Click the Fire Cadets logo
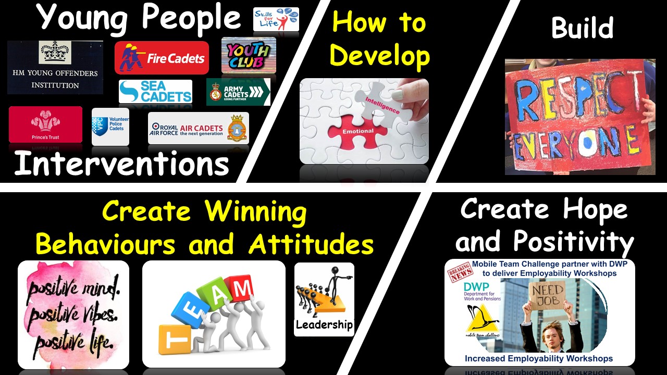click(162, 58)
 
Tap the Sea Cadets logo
click(155, 91)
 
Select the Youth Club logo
click(249, 55)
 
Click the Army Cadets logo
click(238, 92)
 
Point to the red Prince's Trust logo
click(45, 124)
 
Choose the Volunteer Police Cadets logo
click(110, 127)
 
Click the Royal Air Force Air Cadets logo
click(198, 128)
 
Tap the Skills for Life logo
click(276, 19)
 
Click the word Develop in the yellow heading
click(380, 56)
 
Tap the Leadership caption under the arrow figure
click(324, 325)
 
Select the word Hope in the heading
click(596, 209)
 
